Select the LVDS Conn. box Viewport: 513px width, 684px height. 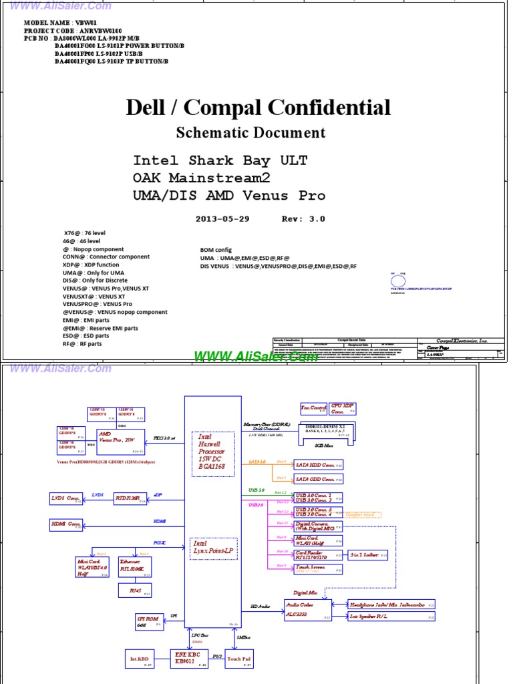[66, 498]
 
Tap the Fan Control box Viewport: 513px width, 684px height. [313, 408]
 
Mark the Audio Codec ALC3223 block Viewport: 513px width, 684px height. [308, 609]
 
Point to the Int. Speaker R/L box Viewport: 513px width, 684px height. [391, 617]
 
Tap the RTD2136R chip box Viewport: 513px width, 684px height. [129, 498]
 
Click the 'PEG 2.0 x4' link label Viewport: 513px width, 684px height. [164, 438]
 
